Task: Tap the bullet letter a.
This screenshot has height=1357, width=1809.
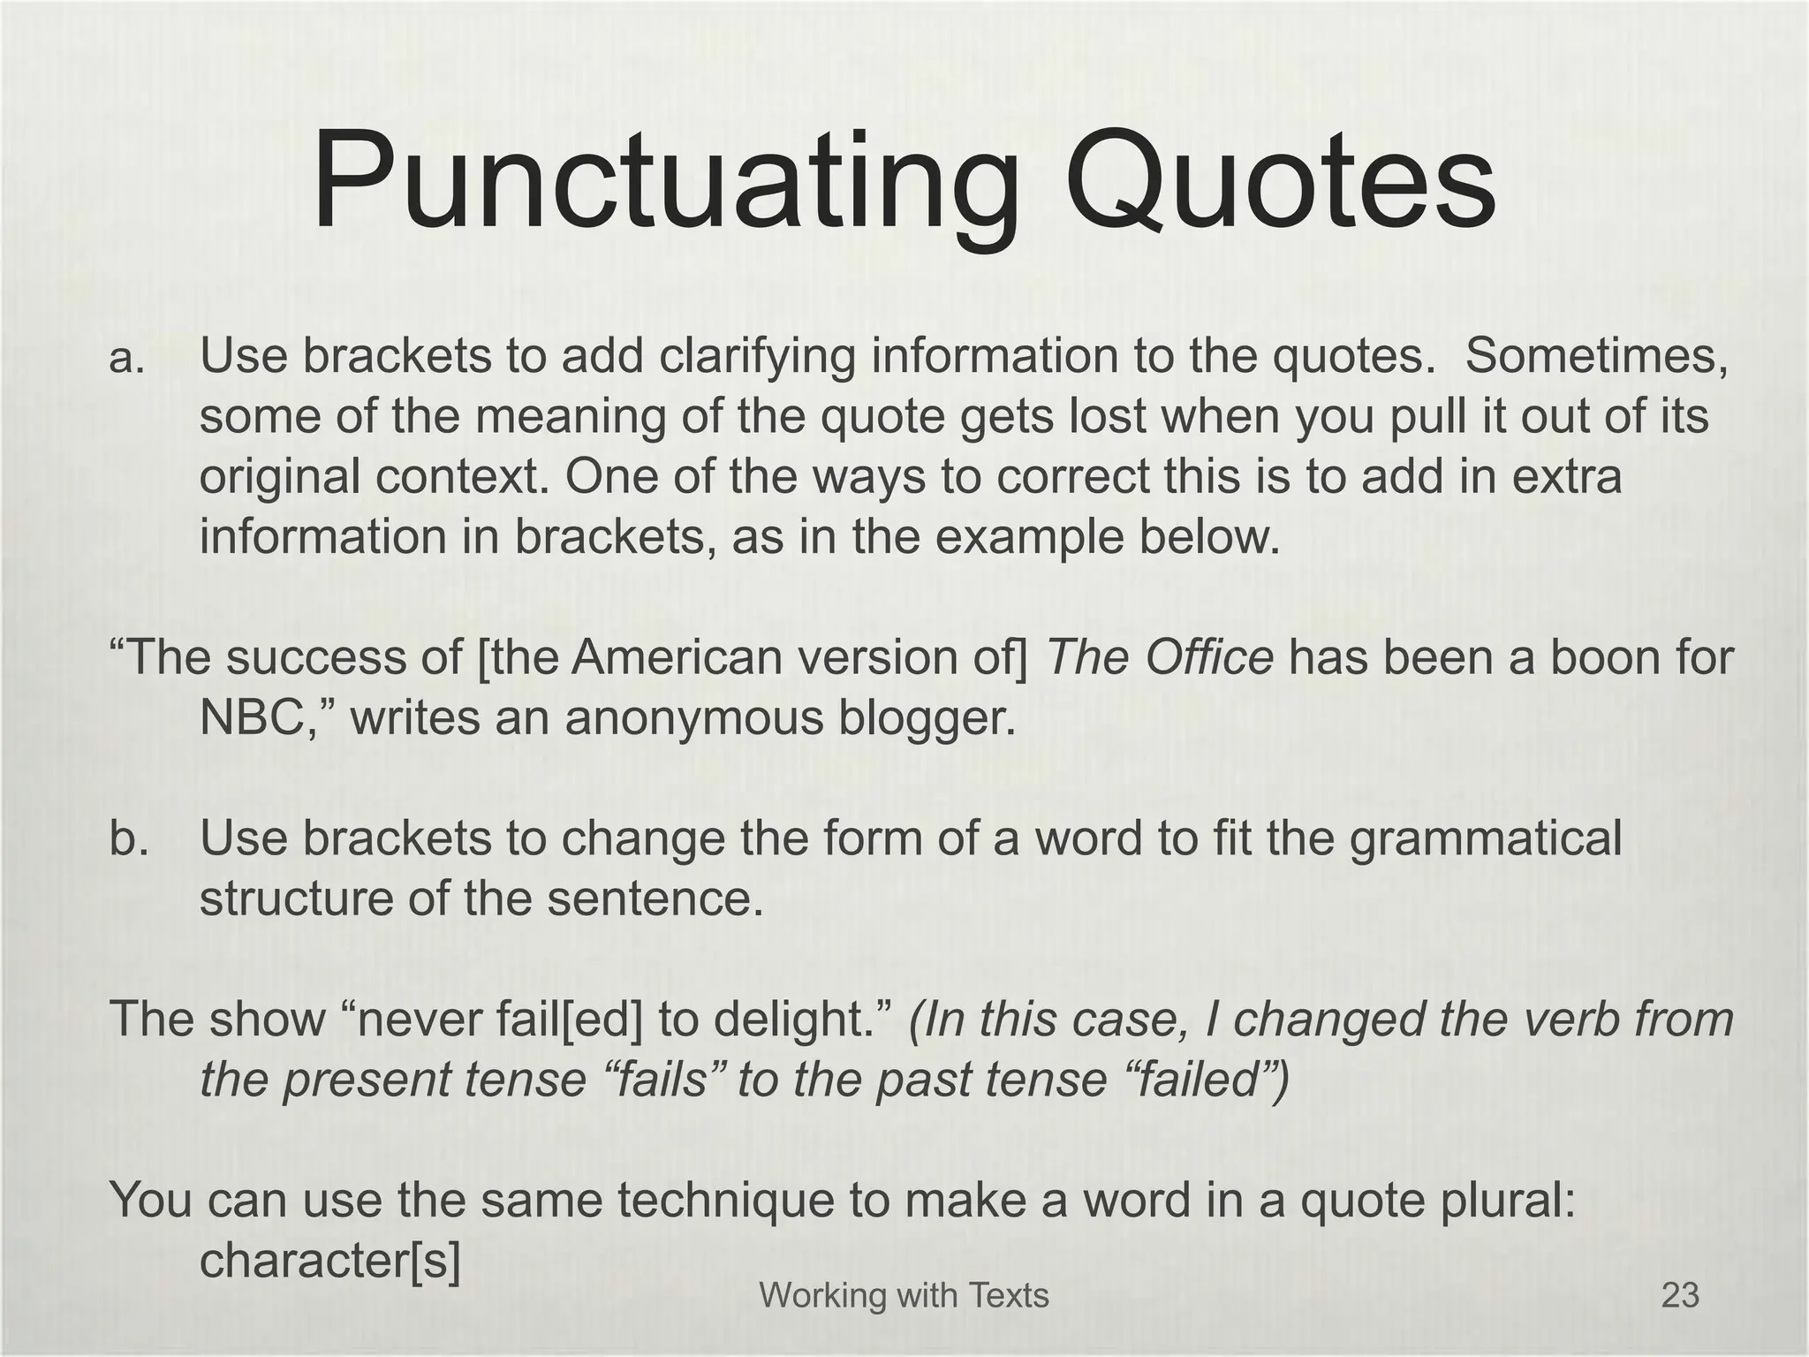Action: pos(126,358)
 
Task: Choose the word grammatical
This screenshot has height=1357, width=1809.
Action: pos(1486,839)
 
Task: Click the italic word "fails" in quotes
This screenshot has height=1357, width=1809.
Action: pos(661,1080)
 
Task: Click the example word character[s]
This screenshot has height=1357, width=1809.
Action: pos(329,1261)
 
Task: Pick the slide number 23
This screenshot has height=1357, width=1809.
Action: pos(1680,1296)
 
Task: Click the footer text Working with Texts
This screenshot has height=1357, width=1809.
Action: pos(904,1296)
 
